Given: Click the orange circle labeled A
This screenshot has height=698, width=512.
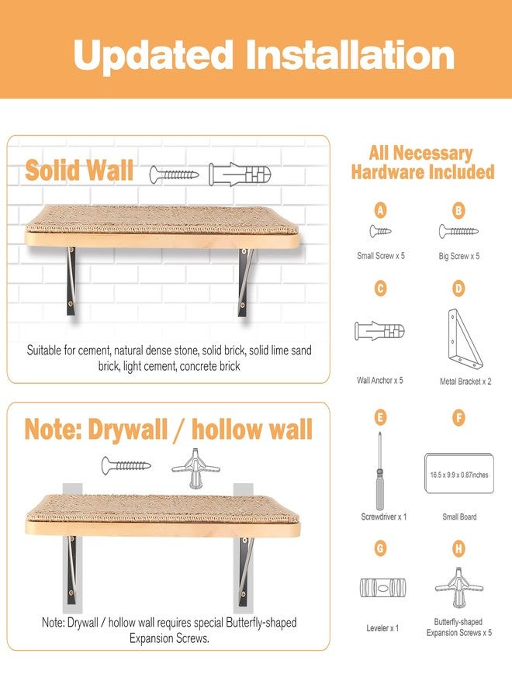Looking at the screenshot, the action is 380,210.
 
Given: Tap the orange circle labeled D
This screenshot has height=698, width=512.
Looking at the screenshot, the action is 458,289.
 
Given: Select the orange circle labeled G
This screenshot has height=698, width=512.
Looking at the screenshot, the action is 380,548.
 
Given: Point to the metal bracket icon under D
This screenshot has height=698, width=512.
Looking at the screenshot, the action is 465,339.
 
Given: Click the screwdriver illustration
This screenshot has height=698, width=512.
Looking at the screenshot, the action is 380,471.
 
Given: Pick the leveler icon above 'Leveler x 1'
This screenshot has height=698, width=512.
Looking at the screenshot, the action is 383,588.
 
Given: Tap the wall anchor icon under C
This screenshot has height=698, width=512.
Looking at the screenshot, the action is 380,331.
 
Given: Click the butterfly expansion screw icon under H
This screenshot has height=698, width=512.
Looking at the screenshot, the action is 458,588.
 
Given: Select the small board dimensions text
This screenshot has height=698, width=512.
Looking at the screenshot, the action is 459,475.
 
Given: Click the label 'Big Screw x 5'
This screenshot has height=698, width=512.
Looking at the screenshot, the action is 459,256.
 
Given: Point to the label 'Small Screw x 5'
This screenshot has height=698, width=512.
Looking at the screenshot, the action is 381,256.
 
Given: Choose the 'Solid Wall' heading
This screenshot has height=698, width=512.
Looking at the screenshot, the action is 79,170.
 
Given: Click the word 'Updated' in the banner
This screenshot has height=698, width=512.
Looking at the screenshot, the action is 153,56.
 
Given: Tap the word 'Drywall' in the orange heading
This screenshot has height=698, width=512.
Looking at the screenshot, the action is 128,430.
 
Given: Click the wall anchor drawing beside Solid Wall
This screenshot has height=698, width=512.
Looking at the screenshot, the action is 240,174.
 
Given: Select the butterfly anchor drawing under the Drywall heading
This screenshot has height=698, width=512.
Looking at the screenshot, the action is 195,468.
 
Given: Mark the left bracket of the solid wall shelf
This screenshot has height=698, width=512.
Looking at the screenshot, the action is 71,282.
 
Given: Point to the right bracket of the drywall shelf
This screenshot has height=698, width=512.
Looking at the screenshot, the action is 244,572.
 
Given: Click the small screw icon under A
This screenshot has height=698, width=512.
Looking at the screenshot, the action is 380,231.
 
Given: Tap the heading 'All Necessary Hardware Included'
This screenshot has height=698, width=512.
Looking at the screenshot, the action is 423,163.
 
